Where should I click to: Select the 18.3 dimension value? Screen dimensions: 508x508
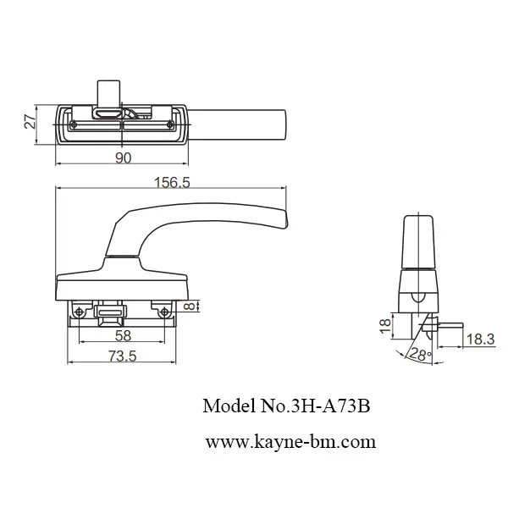point(480,340)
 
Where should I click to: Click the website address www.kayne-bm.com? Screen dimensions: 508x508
point(290,441)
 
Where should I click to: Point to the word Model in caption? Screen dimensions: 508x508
point(224,406)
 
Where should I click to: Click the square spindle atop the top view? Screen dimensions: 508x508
point(108,91)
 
